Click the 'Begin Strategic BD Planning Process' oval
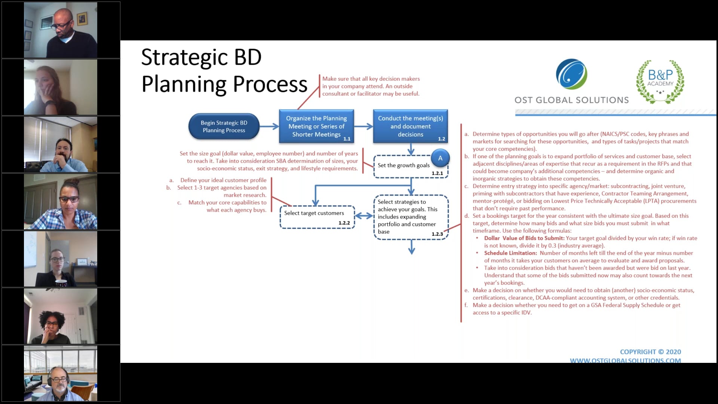point(224,126)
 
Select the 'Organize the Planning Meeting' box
point(316,126)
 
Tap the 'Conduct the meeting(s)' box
point(410,126)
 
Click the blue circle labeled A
point(440,158)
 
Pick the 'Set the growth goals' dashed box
point(404,166)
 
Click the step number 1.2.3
point(437,234)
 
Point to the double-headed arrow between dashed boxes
point(363,216)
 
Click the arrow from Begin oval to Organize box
point(269,126)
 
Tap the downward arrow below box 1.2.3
point(411,247)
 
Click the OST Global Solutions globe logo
point(571,74)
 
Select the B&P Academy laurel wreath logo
point(660,81)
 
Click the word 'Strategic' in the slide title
point(184,58)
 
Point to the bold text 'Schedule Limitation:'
point(510,253)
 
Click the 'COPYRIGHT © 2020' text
point(650,352)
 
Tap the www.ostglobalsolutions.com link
point(625,360)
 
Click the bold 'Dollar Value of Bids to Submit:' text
point(524,238)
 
